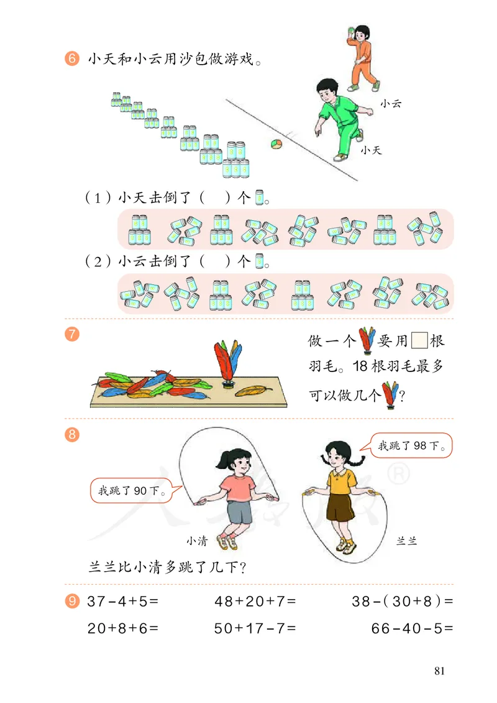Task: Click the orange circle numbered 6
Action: click(71, 60)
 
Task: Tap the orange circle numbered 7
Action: click(71, 333)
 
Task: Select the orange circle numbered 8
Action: click(71, 435)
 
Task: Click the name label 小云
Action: click(391, 103)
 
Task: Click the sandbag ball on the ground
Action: click(276, 144)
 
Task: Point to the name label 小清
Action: click(196, 541)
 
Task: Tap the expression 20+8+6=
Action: click(124, 628)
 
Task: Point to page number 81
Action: click(440, 671)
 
